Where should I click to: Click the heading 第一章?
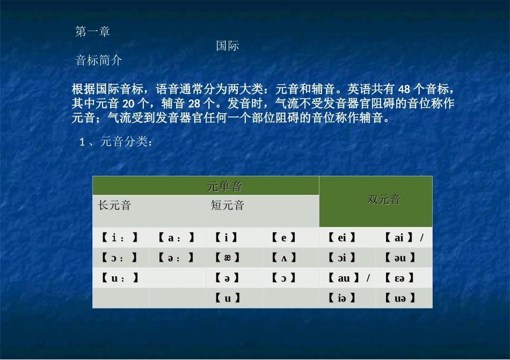tap(93, 32)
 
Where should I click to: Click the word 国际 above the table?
tap(228, 46)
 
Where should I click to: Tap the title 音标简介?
tap(99, 61)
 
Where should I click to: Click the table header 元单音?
tap(224, 186)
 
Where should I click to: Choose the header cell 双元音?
tap(384, 200)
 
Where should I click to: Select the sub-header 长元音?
tap(114, 205)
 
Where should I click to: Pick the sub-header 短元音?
tap(228, 205)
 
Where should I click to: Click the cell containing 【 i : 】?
tap(120, 237)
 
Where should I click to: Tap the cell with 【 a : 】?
tap(177, 237)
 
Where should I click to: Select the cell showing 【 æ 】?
tap(227, 258)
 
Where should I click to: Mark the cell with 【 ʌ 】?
tap(284, 258)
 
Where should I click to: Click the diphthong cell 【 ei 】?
tap(341, 237)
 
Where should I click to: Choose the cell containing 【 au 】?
tap(344, 278)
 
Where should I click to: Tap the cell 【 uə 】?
tap(400, 298)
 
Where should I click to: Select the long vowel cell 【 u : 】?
tap(120, 278)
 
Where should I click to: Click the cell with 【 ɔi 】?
tap(341, 258)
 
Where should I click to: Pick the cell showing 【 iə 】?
tap(341, 298)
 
